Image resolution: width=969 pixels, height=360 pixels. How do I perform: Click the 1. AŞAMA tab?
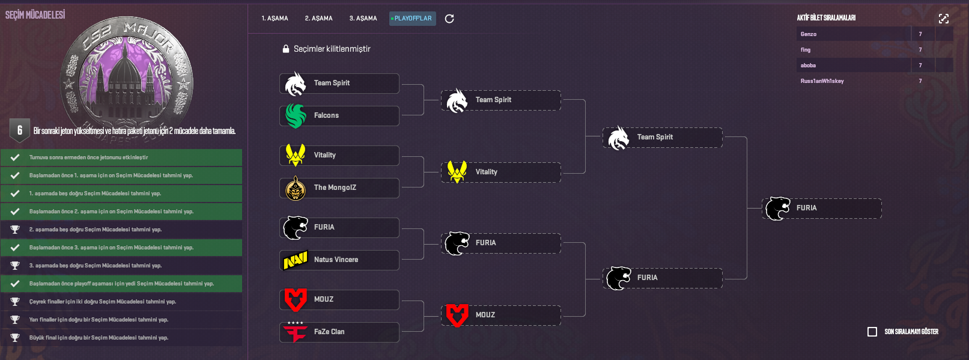[275, 19]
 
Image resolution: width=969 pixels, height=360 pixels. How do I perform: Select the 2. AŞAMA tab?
[318, 19]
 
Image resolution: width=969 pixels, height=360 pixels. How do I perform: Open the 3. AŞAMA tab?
[363, 19]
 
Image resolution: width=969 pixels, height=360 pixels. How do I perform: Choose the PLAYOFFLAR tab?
[412, 19]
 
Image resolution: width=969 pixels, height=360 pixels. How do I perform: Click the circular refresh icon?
[449, 19]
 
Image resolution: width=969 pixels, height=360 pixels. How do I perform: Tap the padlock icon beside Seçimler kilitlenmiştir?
[286, 49]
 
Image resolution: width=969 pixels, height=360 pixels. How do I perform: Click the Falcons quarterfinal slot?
[339, 116]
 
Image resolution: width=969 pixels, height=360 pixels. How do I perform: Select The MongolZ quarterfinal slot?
[339, 188]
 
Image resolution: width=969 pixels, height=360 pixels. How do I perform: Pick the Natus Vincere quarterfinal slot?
[339, 260]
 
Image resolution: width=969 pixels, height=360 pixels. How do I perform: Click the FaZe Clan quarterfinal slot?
[339, 332]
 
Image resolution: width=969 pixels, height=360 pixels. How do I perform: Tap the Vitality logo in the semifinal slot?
[457, 172]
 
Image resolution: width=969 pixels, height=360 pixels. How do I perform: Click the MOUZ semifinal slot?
[501, 316]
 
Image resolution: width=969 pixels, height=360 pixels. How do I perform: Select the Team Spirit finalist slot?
[663, 138]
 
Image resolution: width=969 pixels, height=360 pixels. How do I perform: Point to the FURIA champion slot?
[822, 209]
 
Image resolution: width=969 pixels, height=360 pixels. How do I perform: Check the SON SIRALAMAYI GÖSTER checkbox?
[872, 332]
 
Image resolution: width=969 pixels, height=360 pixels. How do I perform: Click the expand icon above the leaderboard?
[944, 19]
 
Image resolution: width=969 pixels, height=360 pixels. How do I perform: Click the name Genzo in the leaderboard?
[809, 34]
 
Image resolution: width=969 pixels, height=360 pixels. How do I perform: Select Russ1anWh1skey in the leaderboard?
[822, 81]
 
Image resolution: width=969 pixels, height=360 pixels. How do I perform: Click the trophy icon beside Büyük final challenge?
[15, 338]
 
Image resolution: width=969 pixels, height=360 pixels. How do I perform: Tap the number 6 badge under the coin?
[20, 130]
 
